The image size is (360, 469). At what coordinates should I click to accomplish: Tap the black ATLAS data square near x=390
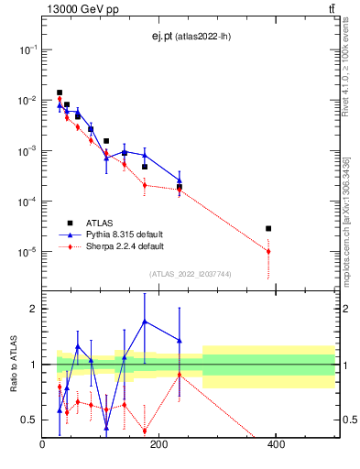click(x=268, y=228)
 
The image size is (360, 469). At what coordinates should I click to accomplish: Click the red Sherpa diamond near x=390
click(x=268, y=251)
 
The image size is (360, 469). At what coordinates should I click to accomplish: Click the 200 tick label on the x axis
click(x=159, y=446)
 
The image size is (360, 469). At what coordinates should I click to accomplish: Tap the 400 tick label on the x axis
click(x=276, y=446)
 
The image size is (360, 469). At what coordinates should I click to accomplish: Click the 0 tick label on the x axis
click(x=43, y=446)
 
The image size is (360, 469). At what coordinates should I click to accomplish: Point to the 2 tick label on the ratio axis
click(x=34, y=309)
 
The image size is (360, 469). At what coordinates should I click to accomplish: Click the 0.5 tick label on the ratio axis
click(x=29, y=420)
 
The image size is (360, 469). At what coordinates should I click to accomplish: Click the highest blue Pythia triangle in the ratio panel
click(x=145, y=322)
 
